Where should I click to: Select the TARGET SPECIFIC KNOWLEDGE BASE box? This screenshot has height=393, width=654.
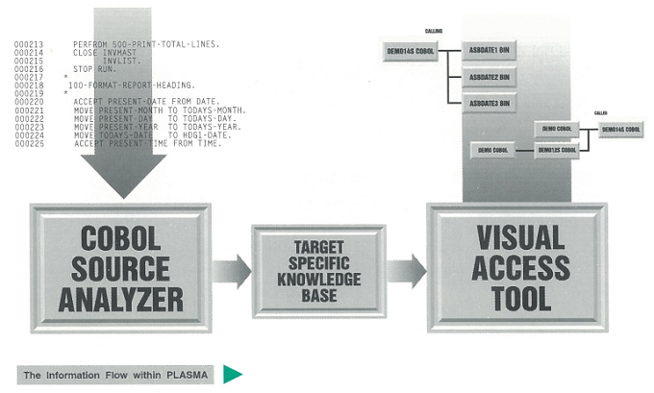pyautogui.click(x=318, y=266)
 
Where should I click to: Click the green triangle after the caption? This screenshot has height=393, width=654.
pyautogui.click(x=233, y=374)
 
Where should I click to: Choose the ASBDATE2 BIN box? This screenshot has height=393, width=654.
pyautogui.click(x=490, y=77)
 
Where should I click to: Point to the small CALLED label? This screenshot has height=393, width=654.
pyautogui.click(x=600, y=112)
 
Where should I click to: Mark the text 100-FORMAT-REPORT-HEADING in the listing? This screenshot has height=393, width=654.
pyautogui.click(x=132, y=85)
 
